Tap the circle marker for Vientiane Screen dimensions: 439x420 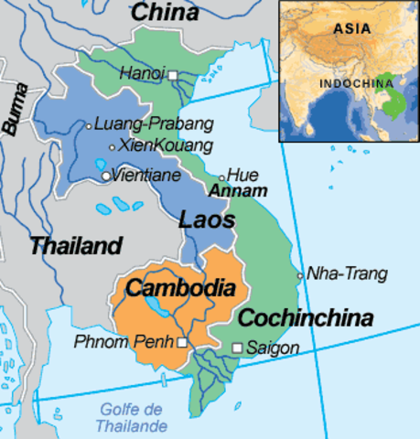pos(107,176)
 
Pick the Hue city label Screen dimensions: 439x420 pos(242,174)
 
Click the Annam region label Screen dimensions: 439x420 pos(238,191)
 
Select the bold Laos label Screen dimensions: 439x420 pos(207,220)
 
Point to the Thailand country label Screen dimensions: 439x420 pos(75,245)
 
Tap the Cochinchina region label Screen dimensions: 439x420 pos(306,318)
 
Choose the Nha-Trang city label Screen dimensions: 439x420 pos(347,273)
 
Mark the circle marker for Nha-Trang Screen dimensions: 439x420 pos(300,275)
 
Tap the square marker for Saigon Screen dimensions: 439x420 pos(237,348)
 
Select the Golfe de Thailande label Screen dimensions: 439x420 pos(134,418)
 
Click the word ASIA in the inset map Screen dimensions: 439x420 pos(346,28)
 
